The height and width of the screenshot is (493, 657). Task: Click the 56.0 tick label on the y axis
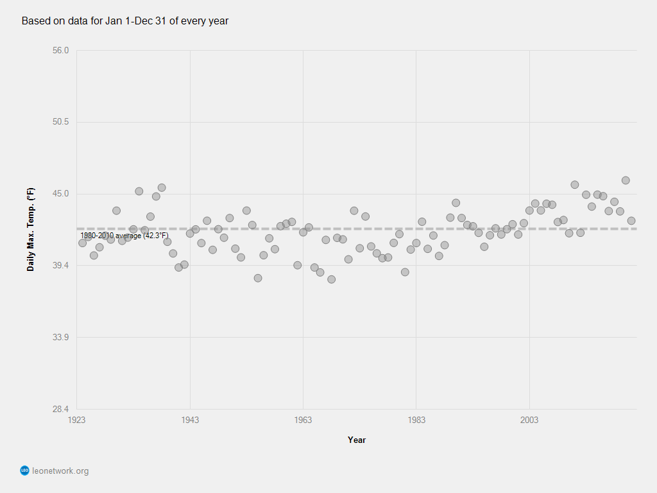coord(61,51)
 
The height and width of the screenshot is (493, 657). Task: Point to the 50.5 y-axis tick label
coord(61,122)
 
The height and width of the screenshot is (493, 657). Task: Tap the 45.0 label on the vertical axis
coord(61,194)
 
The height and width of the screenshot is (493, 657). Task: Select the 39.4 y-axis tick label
coord(61,266)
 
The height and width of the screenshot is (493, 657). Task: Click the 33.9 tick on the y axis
coord(61,337)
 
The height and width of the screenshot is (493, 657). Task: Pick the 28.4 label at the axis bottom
coord(61,409)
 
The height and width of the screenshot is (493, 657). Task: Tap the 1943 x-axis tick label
coord(190,420)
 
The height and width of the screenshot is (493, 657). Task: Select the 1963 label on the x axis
coord(303,420)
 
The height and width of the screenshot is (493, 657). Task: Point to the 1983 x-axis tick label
coord(416,420)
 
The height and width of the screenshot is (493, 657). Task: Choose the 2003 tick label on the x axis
coord(529,420)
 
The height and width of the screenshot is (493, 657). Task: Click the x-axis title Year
coord(357,440)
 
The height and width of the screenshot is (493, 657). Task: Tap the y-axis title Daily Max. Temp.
coord(30,229)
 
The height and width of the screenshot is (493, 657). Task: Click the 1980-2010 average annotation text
coord(124,236)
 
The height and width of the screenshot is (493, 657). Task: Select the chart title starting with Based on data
coord(125,21)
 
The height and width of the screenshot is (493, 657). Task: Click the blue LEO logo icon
coord(25,471)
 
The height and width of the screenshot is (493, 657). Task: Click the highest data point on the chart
coord(626,180)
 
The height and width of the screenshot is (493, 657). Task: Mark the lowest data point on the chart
coord(332,279)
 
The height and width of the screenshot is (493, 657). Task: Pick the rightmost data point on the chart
coord(631,221)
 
